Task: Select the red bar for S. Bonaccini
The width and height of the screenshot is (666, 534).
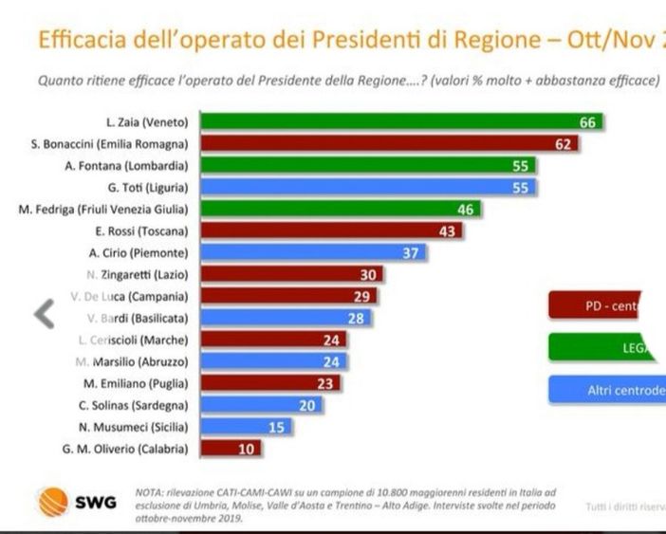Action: point(390,143)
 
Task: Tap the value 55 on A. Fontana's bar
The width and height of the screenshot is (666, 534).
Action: point(520,165)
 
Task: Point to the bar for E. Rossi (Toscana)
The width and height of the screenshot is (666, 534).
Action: point(331,230)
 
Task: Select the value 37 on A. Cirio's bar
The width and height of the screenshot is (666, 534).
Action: point(411,252)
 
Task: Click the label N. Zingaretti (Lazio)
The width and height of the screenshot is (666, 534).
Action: point(140,274)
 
